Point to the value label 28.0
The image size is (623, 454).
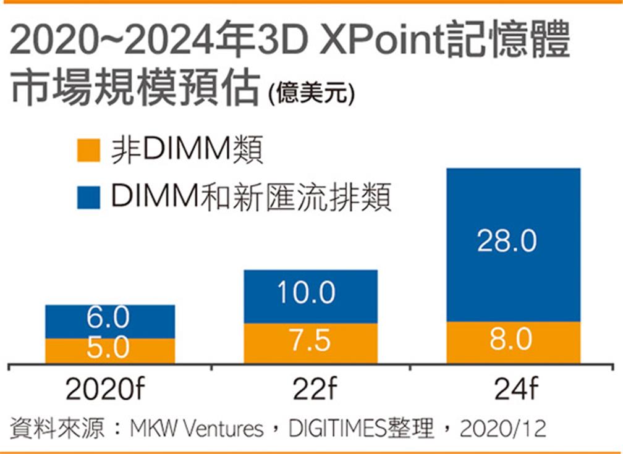point(507,242)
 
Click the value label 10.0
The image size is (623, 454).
point(305,293)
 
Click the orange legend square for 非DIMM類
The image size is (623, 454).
point(88,150)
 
